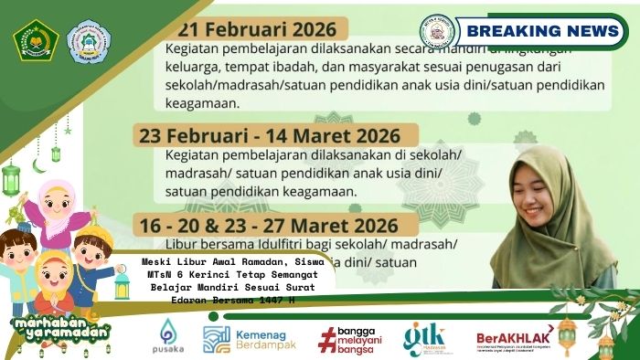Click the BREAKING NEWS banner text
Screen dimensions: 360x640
point(548,31)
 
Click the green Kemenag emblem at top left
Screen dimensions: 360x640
point(36,39)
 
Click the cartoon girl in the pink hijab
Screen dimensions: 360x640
point(58,206)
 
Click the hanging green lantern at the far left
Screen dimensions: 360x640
point(12,178)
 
